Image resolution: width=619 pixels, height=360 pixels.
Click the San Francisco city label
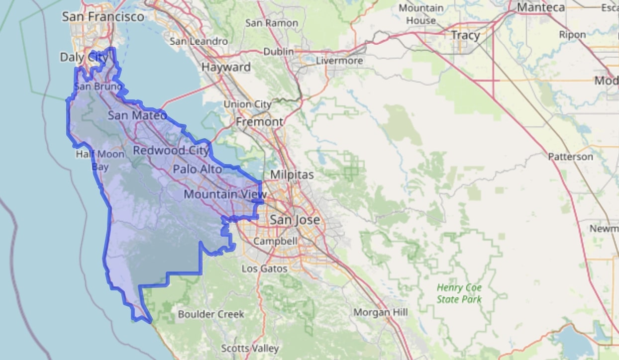[x=103, y=17]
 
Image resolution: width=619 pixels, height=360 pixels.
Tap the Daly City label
[x=84, y=57]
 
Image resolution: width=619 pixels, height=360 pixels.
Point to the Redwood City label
[x=172, y=150]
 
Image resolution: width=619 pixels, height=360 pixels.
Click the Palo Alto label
[x=198, y=169]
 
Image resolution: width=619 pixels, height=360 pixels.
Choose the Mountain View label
[x=225, y=194]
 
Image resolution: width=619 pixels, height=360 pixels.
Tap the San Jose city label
[x=295, y=219]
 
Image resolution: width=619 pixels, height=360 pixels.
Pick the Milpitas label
[x=292, y=175]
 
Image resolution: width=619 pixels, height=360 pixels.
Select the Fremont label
[x=259, y=122]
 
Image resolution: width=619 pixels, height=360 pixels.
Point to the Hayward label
[x=226, y=67]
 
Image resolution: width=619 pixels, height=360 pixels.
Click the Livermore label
[x=340, y=61]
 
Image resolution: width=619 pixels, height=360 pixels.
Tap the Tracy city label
[x=465, y=35]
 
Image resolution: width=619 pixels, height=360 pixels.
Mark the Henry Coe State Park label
[x=459, y=293]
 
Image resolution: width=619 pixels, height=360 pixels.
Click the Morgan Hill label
[x=381, y=312]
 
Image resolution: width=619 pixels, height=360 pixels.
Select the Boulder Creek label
[x=211, y=314]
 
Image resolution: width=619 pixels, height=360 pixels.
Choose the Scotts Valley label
[x=250, y=348]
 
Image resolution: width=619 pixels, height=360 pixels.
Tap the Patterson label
[x=570, y=157]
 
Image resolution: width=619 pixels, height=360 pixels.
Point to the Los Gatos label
[x=264, y=269]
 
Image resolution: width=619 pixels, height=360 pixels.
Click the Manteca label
[x=541, y=7]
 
